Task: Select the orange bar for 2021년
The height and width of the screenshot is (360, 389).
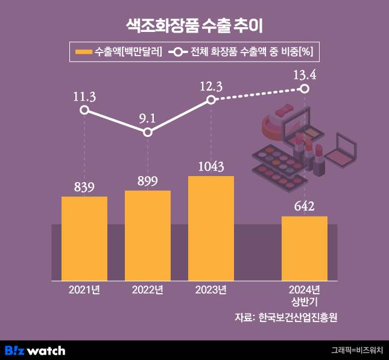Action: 84,238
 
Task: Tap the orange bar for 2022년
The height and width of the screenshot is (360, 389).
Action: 148,235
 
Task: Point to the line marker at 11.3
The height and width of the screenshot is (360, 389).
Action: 84,110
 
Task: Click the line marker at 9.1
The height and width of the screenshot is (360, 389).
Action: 148,132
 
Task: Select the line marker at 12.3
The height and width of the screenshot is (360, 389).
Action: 211,99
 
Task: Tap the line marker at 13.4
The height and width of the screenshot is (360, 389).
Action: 305,89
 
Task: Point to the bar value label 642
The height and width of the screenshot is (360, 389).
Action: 305,206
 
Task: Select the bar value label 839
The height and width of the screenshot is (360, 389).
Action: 84,187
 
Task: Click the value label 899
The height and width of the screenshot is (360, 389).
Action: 148,181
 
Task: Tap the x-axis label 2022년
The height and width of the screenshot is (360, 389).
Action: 148,290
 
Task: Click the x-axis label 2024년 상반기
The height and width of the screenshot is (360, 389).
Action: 305,295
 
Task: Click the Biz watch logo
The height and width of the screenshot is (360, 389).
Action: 35,350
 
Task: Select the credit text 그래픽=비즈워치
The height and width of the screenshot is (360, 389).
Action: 357,350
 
